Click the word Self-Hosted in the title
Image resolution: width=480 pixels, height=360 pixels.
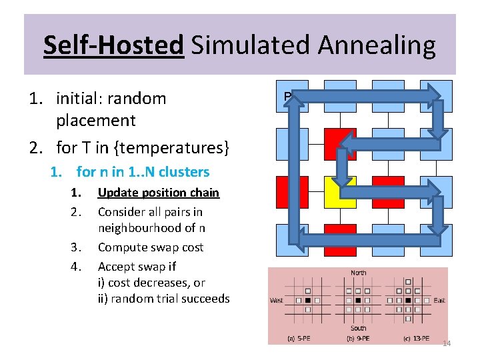pos(113,45)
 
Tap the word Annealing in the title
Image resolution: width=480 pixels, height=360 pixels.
pos(377,45)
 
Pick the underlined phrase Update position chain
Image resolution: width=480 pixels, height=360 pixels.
pos(158,193)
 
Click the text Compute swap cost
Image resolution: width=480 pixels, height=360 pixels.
pos(151,247)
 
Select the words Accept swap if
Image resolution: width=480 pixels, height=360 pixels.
pos(137,266)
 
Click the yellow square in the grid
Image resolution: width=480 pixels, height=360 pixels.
pos(341,192)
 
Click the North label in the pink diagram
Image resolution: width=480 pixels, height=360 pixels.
pos(358,273)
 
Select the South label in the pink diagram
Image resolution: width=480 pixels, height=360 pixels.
pos(358,328)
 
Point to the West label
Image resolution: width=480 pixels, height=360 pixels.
pos(276,301)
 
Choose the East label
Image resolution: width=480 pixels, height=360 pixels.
pos(439,301)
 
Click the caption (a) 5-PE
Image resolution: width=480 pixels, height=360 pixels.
pos(299,338)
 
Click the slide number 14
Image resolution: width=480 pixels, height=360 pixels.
pos(447,343)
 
